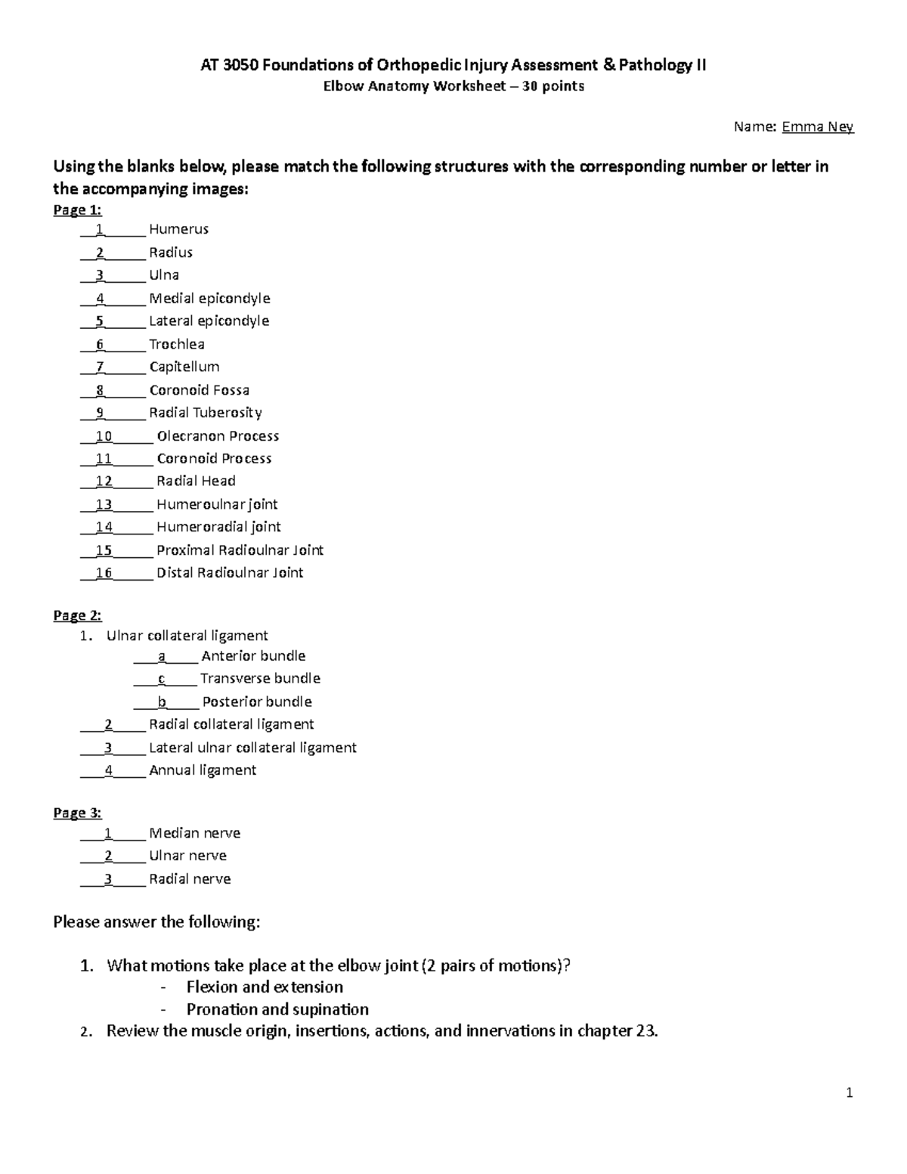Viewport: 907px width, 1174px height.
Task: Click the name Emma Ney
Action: [x=817, y=127]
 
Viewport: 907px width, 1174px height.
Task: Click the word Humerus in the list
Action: [x=178, y=229]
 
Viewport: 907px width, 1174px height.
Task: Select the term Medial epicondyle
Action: [x=209, y=299]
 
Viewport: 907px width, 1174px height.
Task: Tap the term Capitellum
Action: [x=184, y=367]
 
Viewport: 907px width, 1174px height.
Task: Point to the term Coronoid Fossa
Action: [x=199, y=390]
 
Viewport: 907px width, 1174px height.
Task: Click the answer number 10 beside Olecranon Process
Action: [x=104, y=436]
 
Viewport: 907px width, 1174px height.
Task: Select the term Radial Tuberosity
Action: [x=206, y=413]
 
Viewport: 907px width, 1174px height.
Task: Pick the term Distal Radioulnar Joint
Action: [x=230, y=573]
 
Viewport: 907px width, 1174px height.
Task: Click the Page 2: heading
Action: [x=77, y=615]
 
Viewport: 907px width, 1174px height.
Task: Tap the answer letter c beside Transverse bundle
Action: [x=162, y=679]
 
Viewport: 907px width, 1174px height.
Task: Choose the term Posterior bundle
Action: [x=257, y=702]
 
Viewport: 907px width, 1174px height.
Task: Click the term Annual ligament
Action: [x=203, y=770]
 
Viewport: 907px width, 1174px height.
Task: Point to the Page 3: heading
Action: [x=77, y=813]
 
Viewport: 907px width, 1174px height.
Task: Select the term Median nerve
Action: [x=194, y=833]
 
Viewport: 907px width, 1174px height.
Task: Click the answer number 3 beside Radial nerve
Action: [x=109, y=879]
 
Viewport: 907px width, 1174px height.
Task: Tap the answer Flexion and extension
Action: [x=265, y=987]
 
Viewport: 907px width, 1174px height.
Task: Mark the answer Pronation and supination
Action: [x=277, y=1010]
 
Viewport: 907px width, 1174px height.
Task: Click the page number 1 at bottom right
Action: [x=850, y=1092]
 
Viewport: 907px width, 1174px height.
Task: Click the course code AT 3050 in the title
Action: [x=227, y=66]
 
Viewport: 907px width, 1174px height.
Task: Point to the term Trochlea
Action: [x=177, y=345]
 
